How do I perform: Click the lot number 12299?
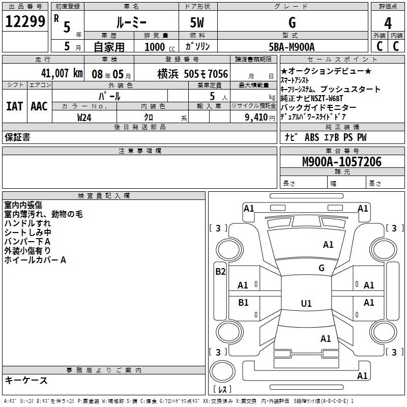[x=25, y=22]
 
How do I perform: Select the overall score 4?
[x=388, y=23]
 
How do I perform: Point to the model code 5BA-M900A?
[x=292, y=47]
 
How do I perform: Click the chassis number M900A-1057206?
[x=341, y=162]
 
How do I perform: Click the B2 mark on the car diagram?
[x=220, y=271]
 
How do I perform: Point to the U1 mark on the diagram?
[x=306, y=304]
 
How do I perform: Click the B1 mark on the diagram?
[x=244, y=302]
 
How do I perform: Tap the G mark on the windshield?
[x=322, y=268]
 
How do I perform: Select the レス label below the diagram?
[x=222, y=390]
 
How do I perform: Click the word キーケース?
[x=26, y=380]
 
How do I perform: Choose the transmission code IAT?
[x=14, y=106]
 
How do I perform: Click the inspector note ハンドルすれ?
[x=27, y=223]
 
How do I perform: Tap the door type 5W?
[x=197, y=23]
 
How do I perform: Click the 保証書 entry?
[x=17, y=137]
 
